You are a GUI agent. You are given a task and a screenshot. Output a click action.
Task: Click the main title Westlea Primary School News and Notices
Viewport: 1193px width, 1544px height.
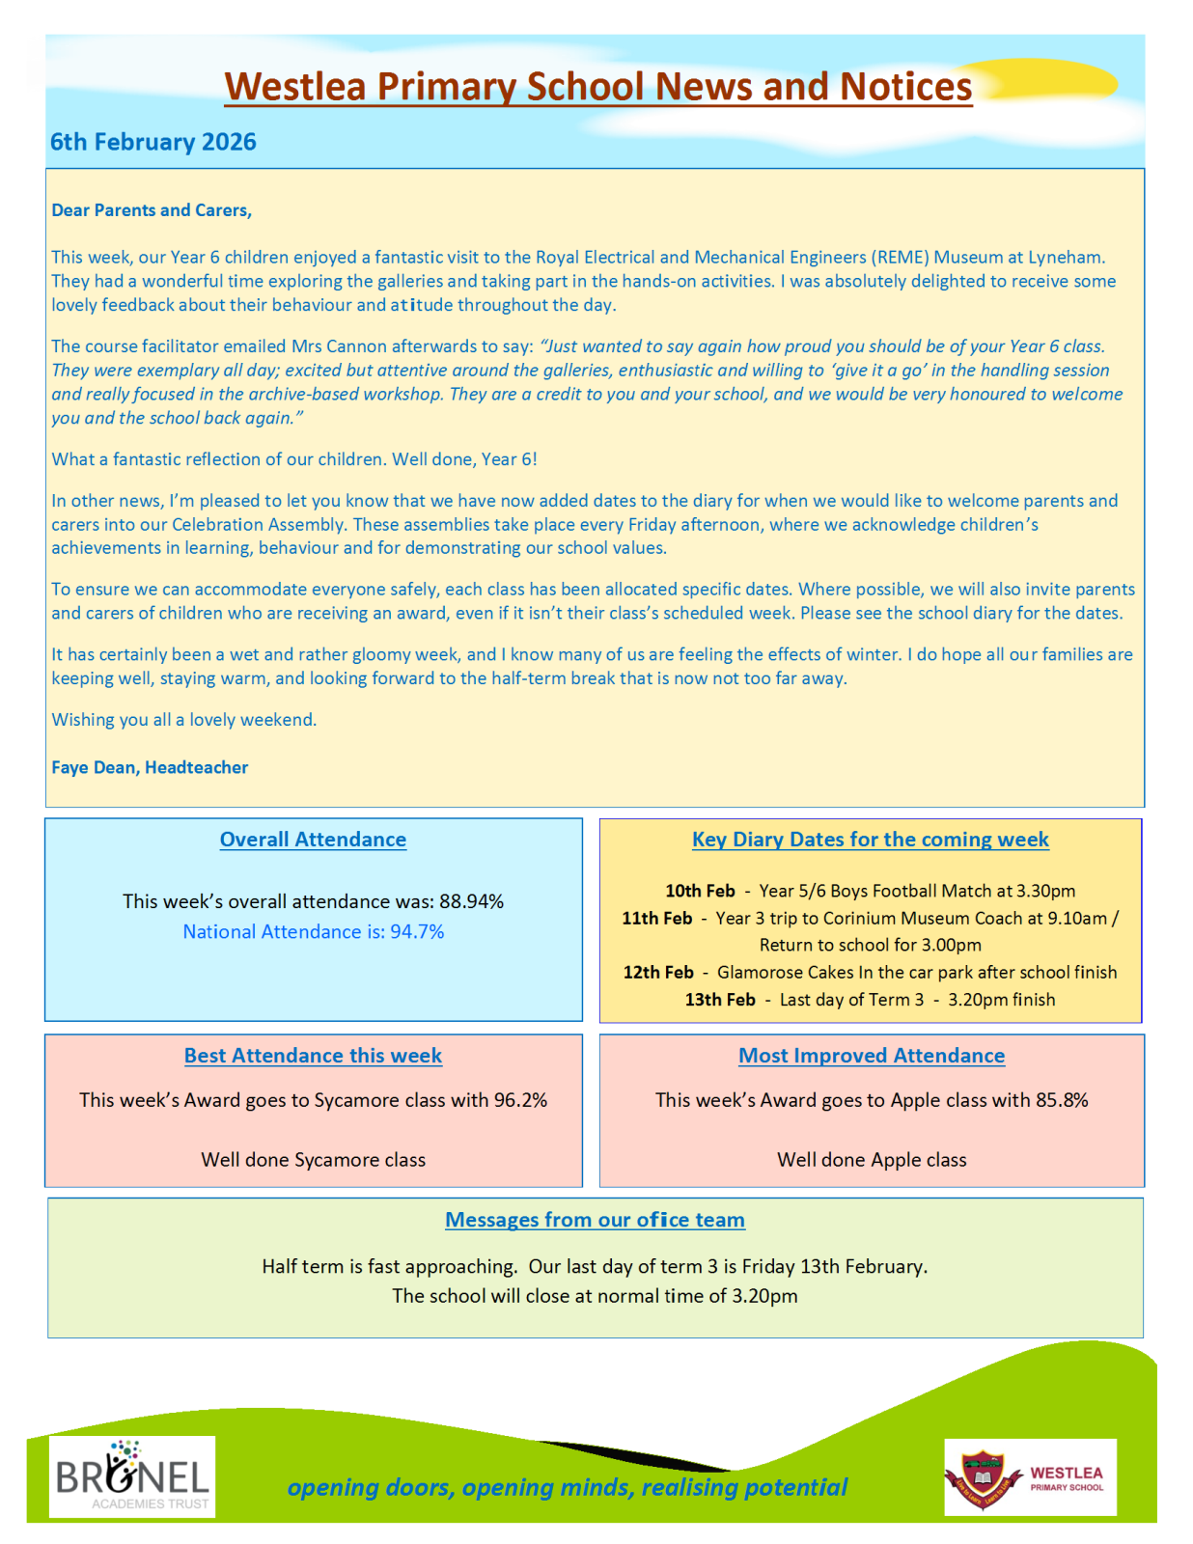[597, 87]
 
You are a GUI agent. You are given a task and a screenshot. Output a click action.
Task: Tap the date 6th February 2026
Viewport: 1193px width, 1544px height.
[153, 142]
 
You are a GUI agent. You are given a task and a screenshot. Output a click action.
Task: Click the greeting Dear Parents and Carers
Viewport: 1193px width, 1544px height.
[152, 210]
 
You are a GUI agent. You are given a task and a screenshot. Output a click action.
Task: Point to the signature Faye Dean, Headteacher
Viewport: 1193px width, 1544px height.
[150, 767]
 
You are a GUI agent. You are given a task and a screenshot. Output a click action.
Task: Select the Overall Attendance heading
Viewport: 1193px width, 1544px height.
[313, 840]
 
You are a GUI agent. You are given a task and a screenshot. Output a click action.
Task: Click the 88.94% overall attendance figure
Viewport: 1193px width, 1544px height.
[471, 901]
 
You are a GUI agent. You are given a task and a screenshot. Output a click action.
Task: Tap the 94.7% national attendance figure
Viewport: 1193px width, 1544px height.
[417, 931]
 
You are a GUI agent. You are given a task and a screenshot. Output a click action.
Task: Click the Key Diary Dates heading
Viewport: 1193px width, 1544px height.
[870, 840]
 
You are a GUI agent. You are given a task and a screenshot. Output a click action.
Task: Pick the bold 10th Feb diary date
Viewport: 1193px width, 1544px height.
[700, 891]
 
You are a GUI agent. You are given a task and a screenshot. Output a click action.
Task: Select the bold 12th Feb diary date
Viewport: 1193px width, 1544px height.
[658, 972]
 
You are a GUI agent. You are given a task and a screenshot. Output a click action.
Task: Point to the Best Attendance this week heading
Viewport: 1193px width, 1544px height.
[313, 1056]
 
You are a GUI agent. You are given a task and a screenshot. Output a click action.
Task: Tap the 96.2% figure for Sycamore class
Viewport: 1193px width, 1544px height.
[520, 1100]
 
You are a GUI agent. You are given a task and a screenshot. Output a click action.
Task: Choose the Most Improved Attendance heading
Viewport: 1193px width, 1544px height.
[872, 1056]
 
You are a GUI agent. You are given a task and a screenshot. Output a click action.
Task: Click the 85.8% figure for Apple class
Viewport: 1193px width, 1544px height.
[1062, 1100]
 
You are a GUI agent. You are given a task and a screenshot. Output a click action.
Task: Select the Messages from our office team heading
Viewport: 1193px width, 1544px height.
[595, 1220]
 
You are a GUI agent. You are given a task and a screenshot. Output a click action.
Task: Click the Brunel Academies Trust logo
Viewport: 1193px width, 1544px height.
[132, 1476]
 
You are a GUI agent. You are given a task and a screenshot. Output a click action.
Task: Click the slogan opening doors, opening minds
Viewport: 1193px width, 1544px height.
[567, 1487]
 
